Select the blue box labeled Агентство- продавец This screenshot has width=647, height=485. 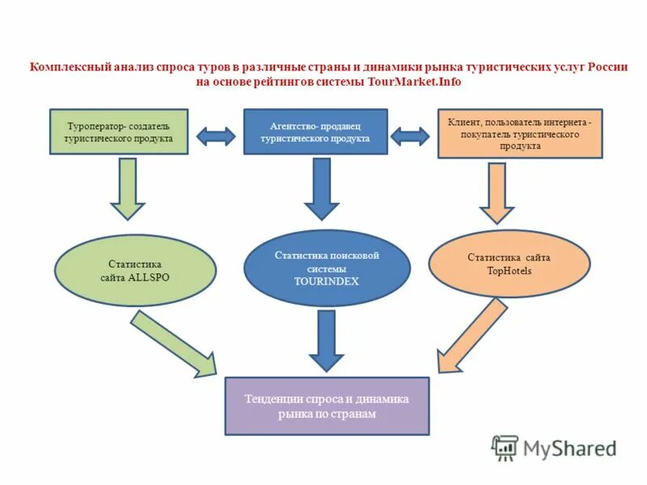(315, 133)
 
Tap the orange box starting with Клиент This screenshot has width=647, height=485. (520, 133)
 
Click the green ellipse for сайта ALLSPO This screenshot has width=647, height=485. (135, 270)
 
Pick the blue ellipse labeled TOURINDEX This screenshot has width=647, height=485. (327, 268)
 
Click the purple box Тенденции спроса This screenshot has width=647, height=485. (327, 406)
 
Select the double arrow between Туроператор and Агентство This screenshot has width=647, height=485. (216, 136)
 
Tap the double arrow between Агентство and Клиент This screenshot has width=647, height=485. (410, 136)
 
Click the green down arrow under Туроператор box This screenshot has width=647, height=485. (126, 189)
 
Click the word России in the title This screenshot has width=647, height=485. (607, 68)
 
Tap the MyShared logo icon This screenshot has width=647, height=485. (505, 447)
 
